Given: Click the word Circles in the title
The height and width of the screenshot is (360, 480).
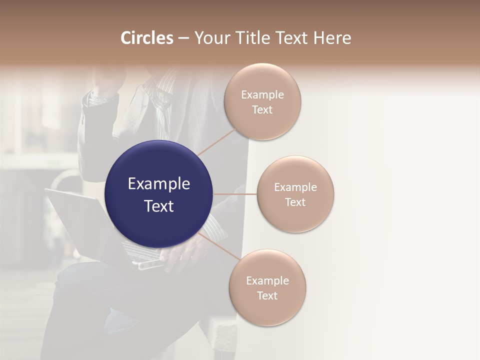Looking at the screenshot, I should pyautogui.click(x=146, y=38).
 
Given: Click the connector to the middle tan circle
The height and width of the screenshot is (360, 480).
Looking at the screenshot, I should pyautogui.click(x=235, y=194).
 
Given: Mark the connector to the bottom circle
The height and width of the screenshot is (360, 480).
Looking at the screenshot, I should pyautogui.click(x=218, y=246).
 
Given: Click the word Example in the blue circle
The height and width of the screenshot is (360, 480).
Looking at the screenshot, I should pyautogui.click(x=158, y=184).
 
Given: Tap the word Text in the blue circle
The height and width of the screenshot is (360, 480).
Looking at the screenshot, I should pyautogui.click(x=158, y=206).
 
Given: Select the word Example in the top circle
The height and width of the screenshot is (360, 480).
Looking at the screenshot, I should pyautogui.click(x=262, y=94).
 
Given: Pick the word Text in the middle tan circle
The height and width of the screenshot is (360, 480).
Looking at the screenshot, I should pyautogui.click(x=295, y=202).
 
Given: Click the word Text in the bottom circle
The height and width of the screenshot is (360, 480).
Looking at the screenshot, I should pyautogui.click(x=267, y=295).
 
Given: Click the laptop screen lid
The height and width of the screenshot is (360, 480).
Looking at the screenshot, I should pyautogui.click(x=75, y=220).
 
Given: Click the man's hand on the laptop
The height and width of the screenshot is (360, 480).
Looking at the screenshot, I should pyautogui.click(x=187, y=252).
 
